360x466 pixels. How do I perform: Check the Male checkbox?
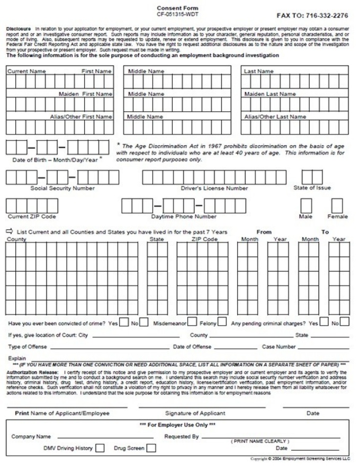[x=306, y=205]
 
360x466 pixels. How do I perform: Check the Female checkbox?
[x=337, y=205]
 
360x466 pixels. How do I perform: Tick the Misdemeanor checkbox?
[x=192, y=322]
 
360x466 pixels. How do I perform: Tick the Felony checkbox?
[x=222, y=322]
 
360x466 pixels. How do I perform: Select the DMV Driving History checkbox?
[x=100, y=449]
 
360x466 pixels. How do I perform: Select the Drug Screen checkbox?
[x=151, y=449]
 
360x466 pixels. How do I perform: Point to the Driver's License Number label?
[x=214, y=188]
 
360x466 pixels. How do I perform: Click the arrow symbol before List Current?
[x=10, y=231]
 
